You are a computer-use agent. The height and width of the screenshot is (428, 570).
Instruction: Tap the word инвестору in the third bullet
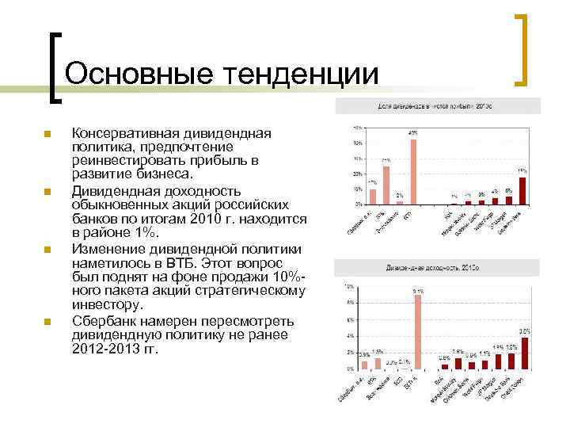point(107,305)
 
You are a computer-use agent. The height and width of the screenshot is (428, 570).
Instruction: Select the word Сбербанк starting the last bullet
point(106,320)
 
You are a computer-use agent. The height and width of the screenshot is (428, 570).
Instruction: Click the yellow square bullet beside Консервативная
point(47,134)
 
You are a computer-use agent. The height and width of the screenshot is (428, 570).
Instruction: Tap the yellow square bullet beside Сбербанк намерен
point(47,322)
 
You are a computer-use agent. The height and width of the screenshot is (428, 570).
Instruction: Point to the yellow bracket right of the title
point(522,49)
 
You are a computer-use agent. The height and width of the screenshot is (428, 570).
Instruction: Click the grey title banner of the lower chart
point(438,268)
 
